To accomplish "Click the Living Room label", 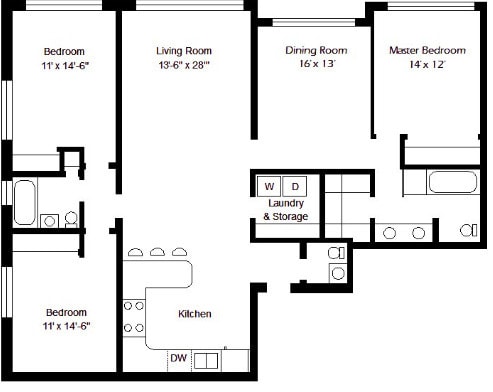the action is pos(184,51).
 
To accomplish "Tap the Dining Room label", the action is pos(316,50).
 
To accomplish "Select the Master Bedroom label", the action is pos(428,50).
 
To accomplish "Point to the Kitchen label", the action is pos(195,314).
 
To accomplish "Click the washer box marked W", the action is pos(269,186).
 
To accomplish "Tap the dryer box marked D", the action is pos(295,186).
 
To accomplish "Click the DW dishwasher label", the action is pos(179,358).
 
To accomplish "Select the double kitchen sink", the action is pos(206,361).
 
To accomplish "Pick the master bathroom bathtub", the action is pos(453,182).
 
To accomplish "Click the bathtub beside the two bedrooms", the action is pos(25,202).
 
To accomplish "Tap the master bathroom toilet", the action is pos(469,230).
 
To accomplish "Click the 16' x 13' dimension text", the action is pos(317,63).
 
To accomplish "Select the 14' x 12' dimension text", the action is pos(427,64).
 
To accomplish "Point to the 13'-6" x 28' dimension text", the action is pos(184,65).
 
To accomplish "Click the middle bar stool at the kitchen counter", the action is pos(157,252).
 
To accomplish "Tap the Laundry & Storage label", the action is pos(286,210).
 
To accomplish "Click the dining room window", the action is pos(314,23).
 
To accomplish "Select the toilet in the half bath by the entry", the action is pos(336,253).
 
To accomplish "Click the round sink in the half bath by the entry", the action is pos(338,274).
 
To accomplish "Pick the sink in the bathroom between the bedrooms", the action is pos(50,221).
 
